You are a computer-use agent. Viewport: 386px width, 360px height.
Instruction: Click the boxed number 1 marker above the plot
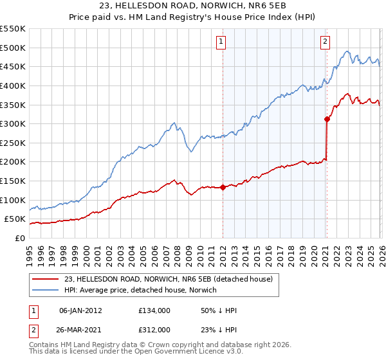point(221,42)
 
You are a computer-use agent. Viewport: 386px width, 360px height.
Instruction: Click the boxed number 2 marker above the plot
point(325,42)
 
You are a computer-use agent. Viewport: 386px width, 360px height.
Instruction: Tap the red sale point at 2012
point(223,187)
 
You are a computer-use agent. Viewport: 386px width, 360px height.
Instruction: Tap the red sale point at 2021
point(327,119)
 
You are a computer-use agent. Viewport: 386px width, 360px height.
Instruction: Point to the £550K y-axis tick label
point(13,29)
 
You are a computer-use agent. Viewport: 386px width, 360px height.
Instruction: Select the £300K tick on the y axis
point(13,123)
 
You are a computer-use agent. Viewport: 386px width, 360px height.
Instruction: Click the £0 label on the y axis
point(21,238)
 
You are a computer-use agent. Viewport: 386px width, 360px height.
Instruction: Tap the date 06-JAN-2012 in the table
point(80,310)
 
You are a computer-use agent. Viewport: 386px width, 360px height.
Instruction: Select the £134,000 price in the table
point(154,310)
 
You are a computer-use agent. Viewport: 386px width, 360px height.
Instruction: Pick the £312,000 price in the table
point(154,329)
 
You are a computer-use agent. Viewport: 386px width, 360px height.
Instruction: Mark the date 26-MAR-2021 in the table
point(80,329)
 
